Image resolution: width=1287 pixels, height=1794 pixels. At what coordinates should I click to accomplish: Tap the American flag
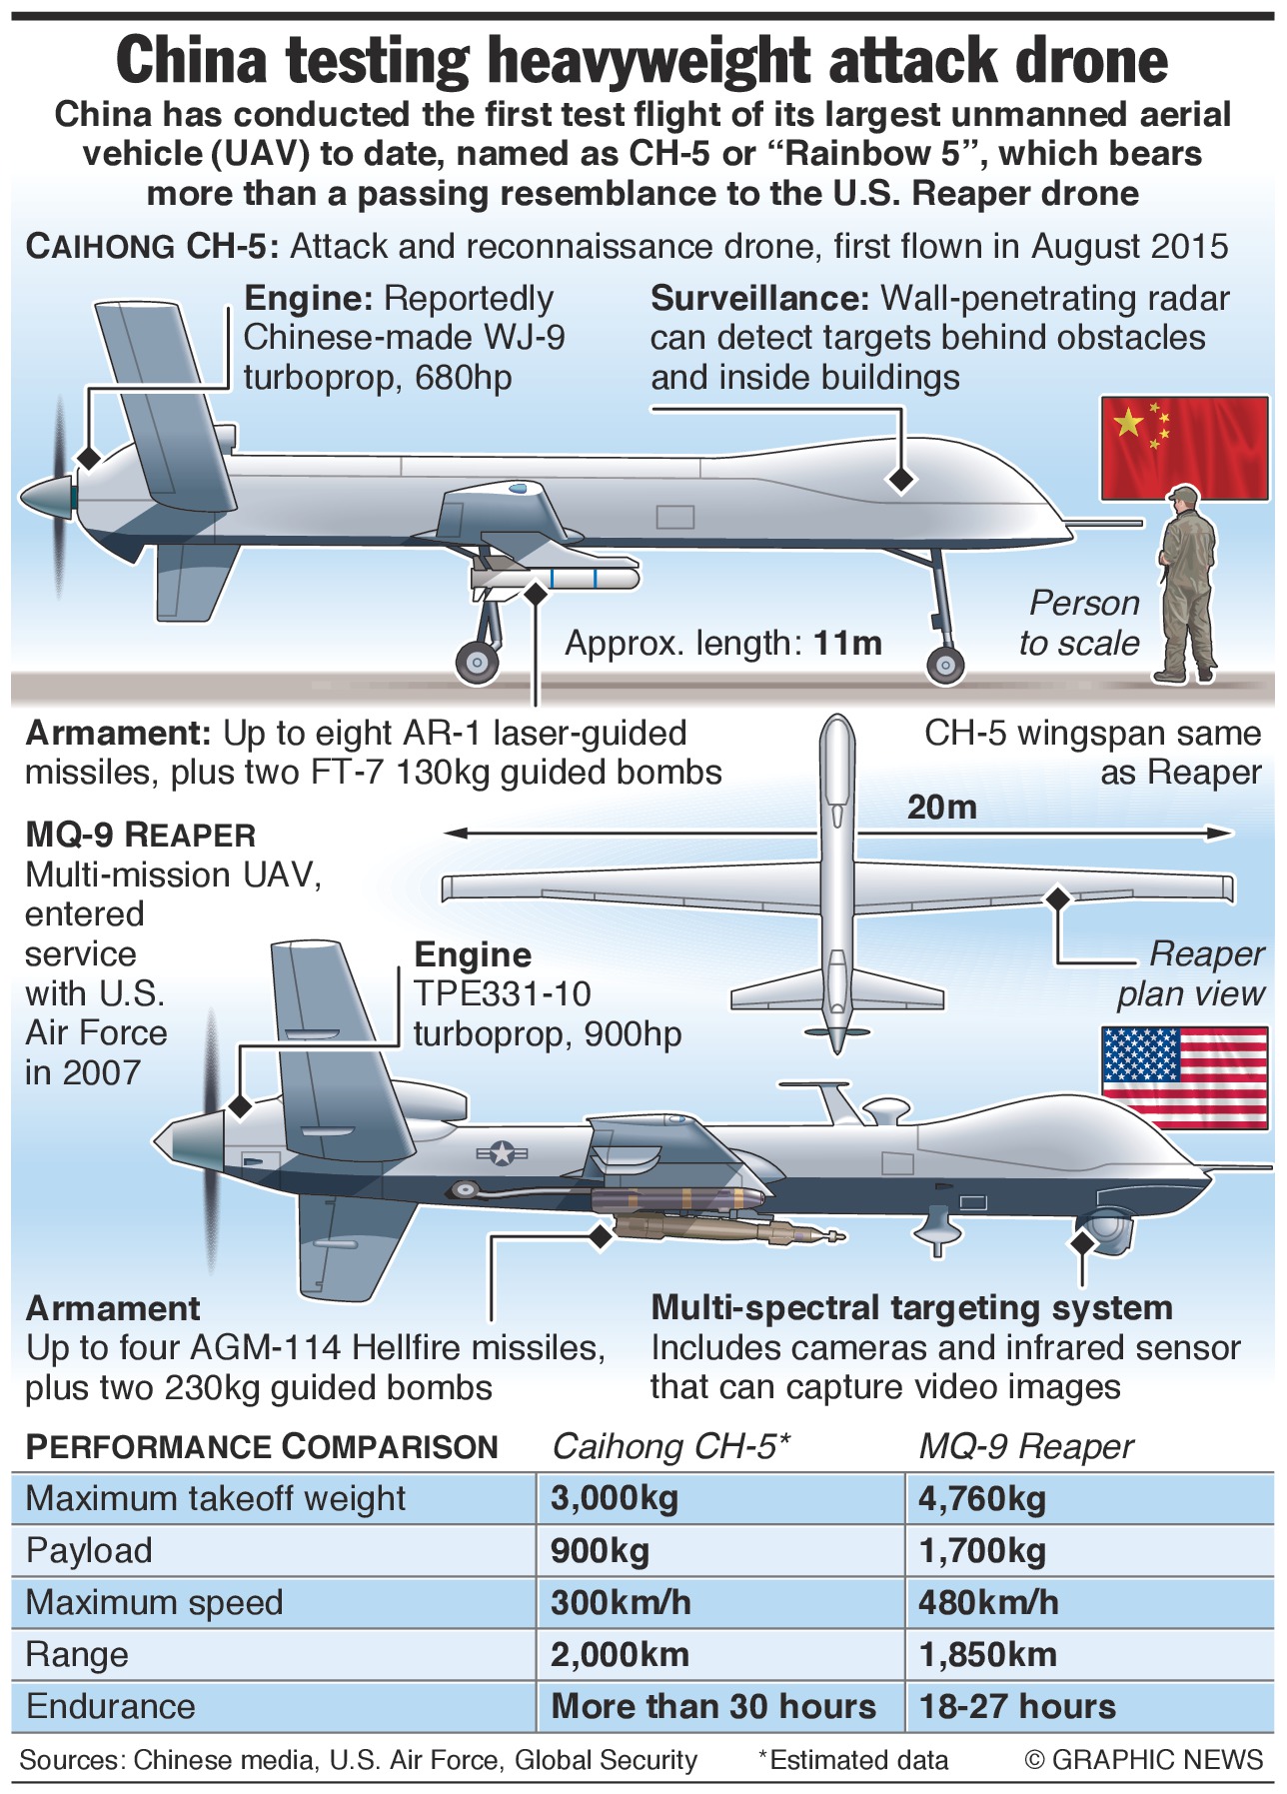(1184, 1076)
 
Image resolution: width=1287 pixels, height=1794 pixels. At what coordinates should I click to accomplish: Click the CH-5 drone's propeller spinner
(46, 496)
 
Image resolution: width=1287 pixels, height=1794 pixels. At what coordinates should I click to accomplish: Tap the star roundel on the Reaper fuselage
(500, 1154)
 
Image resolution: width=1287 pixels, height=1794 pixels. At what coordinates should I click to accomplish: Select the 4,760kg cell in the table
(982, 1499)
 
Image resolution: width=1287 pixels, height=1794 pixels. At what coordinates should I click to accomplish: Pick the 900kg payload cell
(600, 1551)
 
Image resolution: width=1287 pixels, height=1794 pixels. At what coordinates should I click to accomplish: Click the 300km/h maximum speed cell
(621, 1603)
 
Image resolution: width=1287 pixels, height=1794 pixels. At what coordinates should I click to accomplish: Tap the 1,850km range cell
(987, 1655)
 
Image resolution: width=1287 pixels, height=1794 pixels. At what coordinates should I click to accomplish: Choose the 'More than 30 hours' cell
(712, 1707)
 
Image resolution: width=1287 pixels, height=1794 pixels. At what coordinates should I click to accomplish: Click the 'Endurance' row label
(111, 1707)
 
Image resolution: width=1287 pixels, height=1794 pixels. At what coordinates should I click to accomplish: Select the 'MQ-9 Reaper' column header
(1025, 1447)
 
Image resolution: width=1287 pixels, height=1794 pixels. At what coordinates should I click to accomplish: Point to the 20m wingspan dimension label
(941, 808)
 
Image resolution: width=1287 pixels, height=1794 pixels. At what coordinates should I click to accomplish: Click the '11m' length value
(847, 644)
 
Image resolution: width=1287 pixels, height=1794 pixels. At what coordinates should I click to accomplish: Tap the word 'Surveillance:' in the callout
(759, 299)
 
